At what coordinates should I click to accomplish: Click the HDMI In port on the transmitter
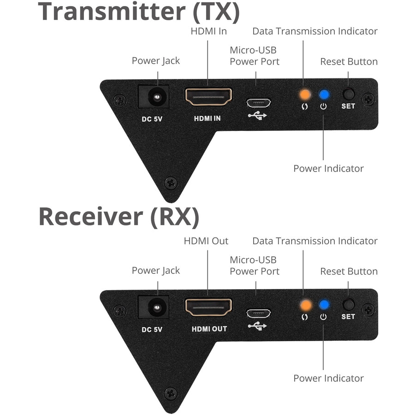208,97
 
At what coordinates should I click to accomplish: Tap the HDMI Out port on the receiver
208,307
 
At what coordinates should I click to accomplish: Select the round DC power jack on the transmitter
154,97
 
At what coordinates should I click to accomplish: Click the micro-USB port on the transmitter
258,102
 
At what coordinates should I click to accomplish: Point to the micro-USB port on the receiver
258,313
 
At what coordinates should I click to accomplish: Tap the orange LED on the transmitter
304,94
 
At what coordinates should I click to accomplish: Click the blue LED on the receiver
324,304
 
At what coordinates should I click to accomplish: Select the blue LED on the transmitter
324,94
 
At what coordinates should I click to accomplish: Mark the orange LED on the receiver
304,304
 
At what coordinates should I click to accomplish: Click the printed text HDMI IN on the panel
207,119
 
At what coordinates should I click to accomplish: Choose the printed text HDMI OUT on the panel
209,329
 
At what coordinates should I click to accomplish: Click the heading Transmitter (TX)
139,12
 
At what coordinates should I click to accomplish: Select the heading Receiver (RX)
119,217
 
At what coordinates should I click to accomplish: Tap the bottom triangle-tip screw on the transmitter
171,183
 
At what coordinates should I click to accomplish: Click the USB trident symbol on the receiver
257,326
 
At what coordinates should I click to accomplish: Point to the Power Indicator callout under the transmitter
328,168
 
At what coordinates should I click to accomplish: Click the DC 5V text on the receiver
153,329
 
